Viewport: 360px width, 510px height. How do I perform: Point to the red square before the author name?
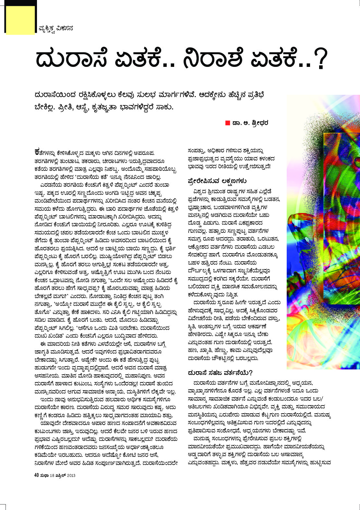point(228,123)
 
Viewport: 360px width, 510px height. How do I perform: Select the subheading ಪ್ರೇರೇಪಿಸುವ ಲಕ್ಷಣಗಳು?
point(217,181)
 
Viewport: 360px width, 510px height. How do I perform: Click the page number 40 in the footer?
point(37,475)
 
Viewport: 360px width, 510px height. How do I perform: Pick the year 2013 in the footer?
point(71,475)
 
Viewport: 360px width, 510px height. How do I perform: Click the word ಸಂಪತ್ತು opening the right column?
point(196,151)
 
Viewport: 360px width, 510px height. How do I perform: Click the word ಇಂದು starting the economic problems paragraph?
point(47,399)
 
